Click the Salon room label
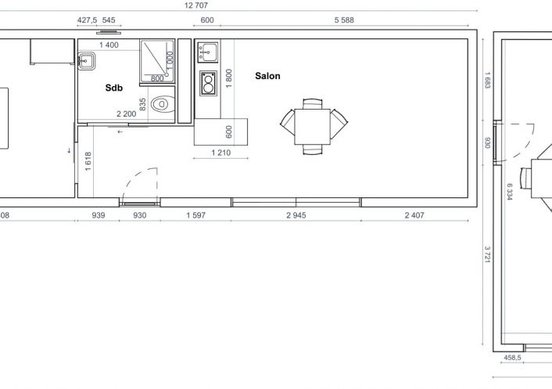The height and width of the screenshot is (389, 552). [267, 76]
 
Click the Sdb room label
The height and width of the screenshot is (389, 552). [113, 88]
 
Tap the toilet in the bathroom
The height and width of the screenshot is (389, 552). [163, 104]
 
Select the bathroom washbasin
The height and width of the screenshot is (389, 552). [86, 61]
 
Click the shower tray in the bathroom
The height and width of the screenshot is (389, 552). [157, 61]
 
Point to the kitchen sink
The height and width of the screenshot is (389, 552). [208, 52]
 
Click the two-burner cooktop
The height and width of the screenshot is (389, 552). [208, 83]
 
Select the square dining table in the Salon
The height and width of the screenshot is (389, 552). [312, 127]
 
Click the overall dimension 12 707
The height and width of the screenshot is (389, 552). [196, 5]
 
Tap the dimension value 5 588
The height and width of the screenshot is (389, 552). [344, 20]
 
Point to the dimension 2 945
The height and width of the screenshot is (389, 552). [296, 215]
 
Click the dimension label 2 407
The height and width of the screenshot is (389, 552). [414, 215]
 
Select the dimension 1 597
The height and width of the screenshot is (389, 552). [195, 215]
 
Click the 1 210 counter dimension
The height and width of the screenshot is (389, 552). [221, 153]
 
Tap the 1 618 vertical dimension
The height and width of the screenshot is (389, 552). [88, 161]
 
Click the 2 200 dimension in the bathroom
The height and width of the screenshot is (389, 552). [127, 113]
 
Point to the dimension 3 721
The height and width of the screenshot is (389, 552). [487, 254]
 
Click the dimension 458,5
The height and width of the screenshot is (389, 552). [512, 358]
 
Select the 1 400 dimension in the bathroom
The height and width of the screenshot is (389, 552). [109, 45]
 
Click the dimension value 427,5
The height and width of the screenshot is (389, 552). [87, 20]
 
